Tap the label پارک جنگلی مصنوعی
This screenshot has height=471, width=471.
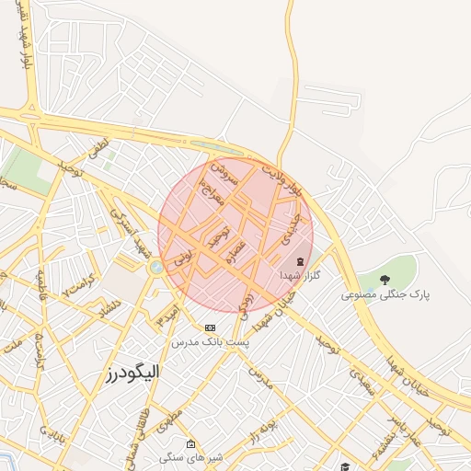[386, 295]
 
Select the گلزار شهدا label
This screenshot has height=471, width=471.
[301, 276]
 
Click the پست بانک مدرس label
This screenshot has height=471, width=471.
[211, 341]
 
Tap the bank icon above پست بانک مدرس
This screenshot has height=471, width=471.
[211, 327]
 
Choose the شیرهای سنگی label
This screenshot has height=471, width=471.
[185, 457]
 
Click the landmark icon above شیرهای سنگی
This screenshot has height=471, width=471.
[190, 444]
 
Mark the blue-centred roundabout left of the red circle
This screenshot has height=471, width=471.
[157, 267]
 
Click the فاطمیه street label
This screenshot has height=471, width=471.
[40, 299]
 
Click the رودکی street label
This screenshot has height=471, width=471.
[246, 304]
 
